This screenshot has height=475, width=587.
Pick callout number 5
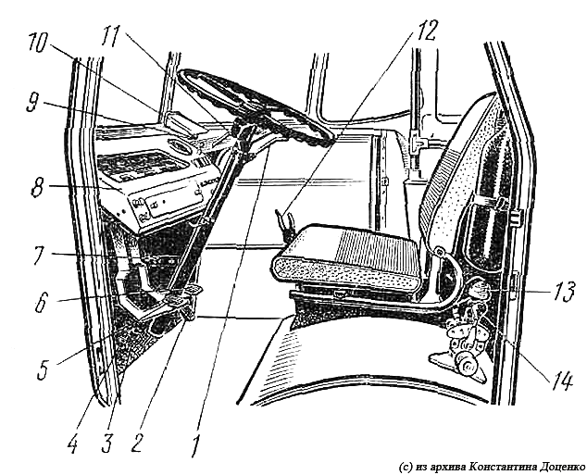point(44,368)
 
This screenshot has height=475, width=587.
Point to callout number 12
point(424,29)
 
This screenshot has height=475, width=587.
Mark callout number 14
point(562,381)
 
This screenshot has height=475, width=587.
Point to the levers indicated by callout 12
point(284,224)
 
